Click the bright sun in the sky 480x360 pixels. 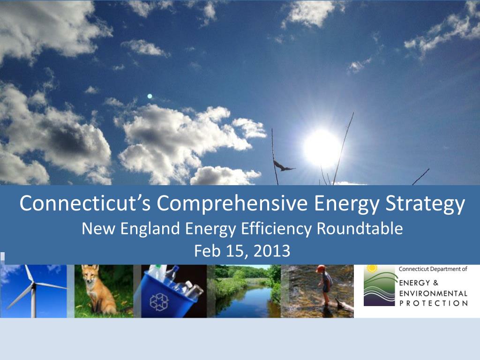(x=322, y=148)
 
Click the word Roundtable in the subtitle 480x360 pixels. (x=360, y=229)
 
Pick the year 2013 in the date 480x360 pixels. (x=270, y=251)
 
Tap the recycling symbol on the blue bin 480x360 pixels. (x=159, y=301)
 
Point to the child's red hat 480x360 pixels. (x=321, y=269)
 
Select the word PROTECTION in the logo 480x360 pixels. (x=433, y=303)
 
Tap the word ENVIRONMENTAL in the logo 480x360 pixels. (x=433, y=293)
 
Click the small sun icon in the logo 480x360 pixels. (x=372, y=268)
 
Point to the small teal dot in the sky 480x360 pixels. (x=150, y=96)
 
